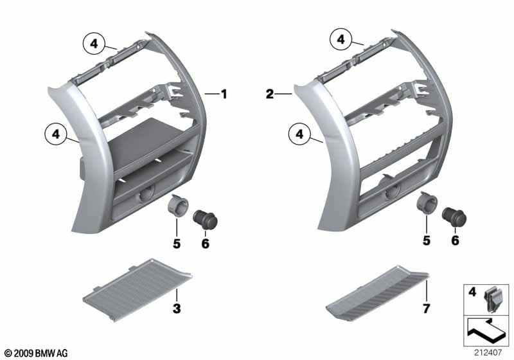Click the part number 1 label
pyautogui.click(x=224, y=94)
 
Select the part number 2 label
pyautogui.click(x=270, y=94)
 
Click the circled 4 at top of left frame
pyautogui.click(x=94, y=44)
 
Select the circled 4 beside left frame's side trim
pyautogui.click(x=56, y=135)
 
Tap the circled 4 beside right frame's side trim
pyautogui.click(x=298, y=135)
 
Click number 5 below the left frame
pyautogui.click(x=176, y=245)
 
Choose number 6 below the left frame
pyautogui.click(x=206, y=245)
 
